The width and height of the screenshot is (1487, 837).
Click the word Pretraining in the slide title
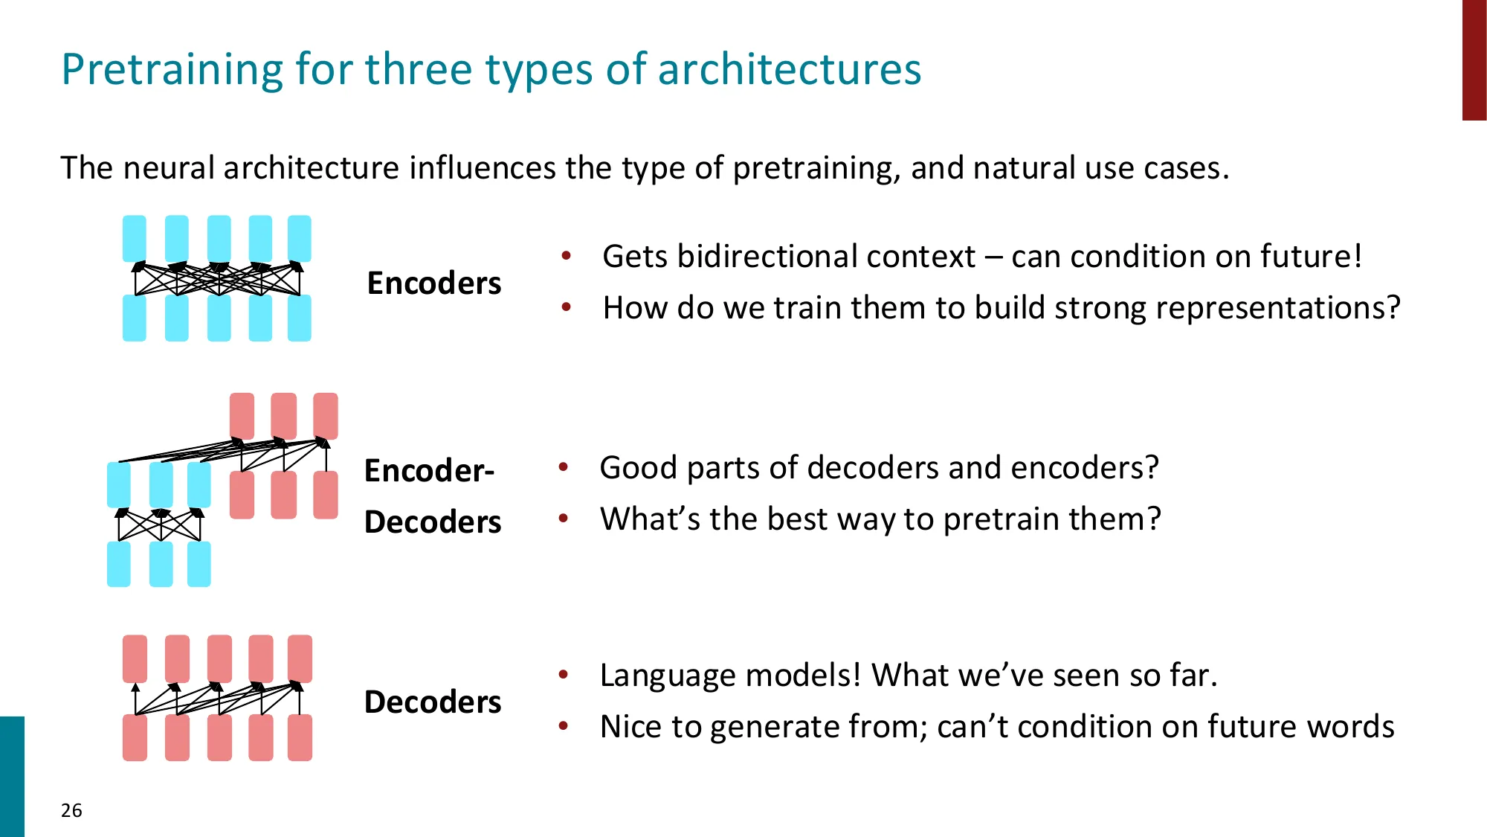[x=171, y=70]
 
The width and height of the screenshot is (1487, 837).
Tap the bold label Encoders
[x=434, y=283]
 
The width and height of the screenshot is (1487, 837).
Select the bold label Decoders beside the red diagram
[x=433, y=702]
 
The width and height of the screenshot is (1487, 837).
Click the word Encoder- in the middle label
[x=429, y=471]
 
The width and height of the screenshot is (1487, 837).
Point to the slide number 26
[x=71, y=810]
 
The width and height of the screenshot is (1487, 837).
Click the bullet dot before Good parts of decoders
[x=564, y=467]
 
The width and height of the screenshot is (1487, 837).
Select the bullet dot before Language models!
[x=564, y=675]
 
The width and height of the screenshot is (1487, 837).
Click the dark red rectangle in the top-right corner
[x=1474, y=60]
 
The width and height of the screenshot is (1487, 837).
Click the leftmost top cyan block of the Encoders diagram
[x=135, y=238]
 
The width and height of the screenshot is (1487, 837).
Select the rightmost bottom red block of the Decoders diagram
[x=300, y=737]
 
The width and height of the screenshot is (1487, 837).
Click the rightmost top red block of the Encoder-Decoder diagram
[x=326, y=416]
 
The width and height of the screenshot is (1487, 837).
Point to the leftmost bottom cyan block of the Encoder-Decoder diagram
[x=119, y=564]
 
